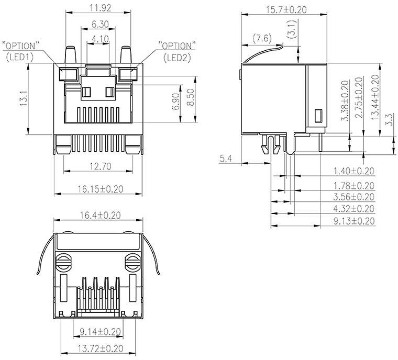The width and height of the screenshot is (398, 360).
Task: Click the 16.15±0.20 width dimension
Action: coord(98,189)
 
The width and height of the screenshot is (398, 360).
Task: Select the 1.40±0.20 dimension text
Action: coord(353,171)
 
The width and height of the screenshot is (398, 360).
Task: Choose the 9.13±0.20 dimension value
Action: coord(353,221)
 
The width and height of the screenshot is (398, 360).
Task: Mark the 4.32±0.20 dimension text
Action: coord(353,209)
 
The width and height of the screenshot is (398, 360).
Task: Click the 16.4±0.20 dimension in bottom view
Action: coord(98,216)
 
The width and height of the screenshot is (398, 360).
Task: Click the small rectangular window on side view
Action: coord(317,116)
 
